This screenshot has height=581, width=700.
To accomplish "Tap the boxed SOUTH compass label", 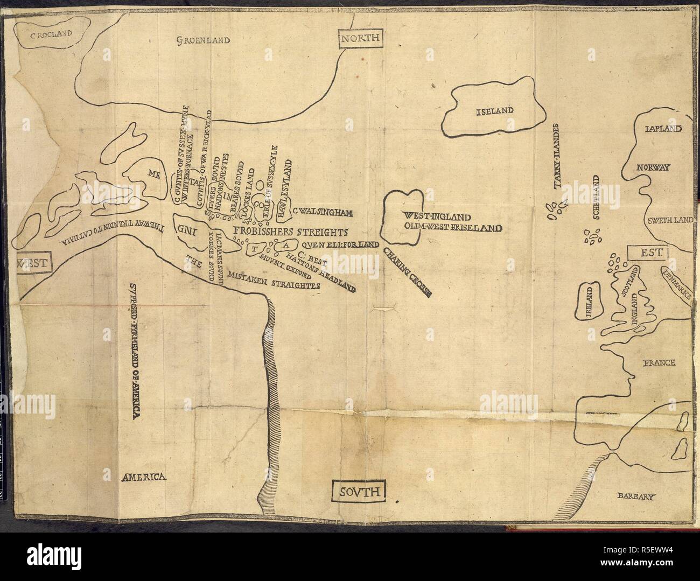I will click(360, 491).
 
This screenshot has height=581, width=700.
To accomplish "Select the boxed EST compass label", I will click(647, 251).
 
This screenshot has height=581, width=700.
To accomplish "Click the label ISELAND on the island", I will click(495, 111).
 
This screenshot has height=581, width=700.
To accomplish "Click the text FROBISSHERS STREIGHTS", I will click(290, 233).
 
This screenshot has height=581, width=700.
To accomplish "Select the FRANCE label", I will click(658, 363).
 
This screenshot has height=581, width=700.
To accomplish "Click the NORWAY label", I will click(653, 167).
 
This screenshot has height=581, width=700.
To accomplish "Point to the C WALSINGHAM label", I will click(323, 213).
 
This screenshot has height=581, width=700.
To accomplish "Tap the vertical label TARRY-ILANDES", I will click(558, 157).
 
